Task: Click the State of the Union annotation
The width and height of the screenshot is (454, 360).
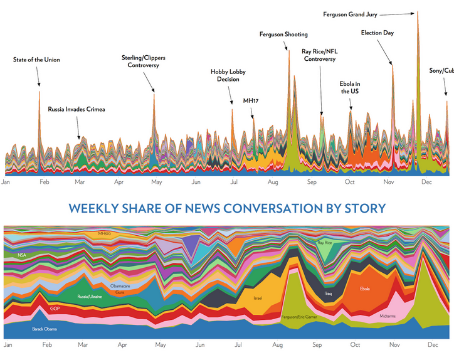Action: pyautogui.click(x=36, y=60)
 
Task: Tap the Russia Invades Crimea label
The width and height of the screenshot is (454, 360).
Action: pyautogui.click(x=77, y=109)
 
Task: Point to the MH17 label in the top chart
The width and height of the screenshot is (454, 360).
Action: pyautogui.click(x=251, y=100)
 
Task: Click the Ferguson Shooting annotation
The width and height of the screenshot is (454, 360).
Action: pyautogui.click(x=283, y=34)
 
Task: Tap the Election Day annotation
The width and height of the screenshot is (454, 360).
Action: pyautogui.click(x=377, y=33)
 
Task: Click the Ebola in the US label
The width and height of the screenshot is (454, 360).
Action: pyautogui.click(x=351, y=87)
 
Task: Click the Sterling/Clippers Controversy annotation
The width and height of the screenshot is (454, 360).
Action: pyautogui.click(x=144, y=61)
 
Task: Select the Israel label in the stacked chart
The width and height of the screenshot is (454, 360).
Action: pyautogui.click(x=257, y=298)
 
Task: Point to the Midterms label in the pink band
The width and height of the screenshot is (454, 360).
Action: pyautogui.click(x=388, y=317)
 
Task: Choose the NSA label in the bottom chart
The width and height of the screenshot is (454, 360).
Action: pyautogui.click(x=22, y=255)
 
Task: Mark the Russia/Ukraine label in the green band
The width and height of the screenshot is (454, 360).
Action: pyautogui.click(x=89, y=297)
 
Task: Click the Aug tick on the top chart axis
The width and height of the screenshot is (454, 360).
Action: pyautogui.click(x=272, y=183)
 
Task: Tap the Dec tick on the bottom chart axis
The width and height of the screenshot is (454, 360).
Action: pyautogui.click(x=433, y=346)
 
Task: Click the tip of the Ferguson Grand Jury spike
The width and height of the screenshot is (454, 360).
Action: pyautogui.click(x=418, y=11)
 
